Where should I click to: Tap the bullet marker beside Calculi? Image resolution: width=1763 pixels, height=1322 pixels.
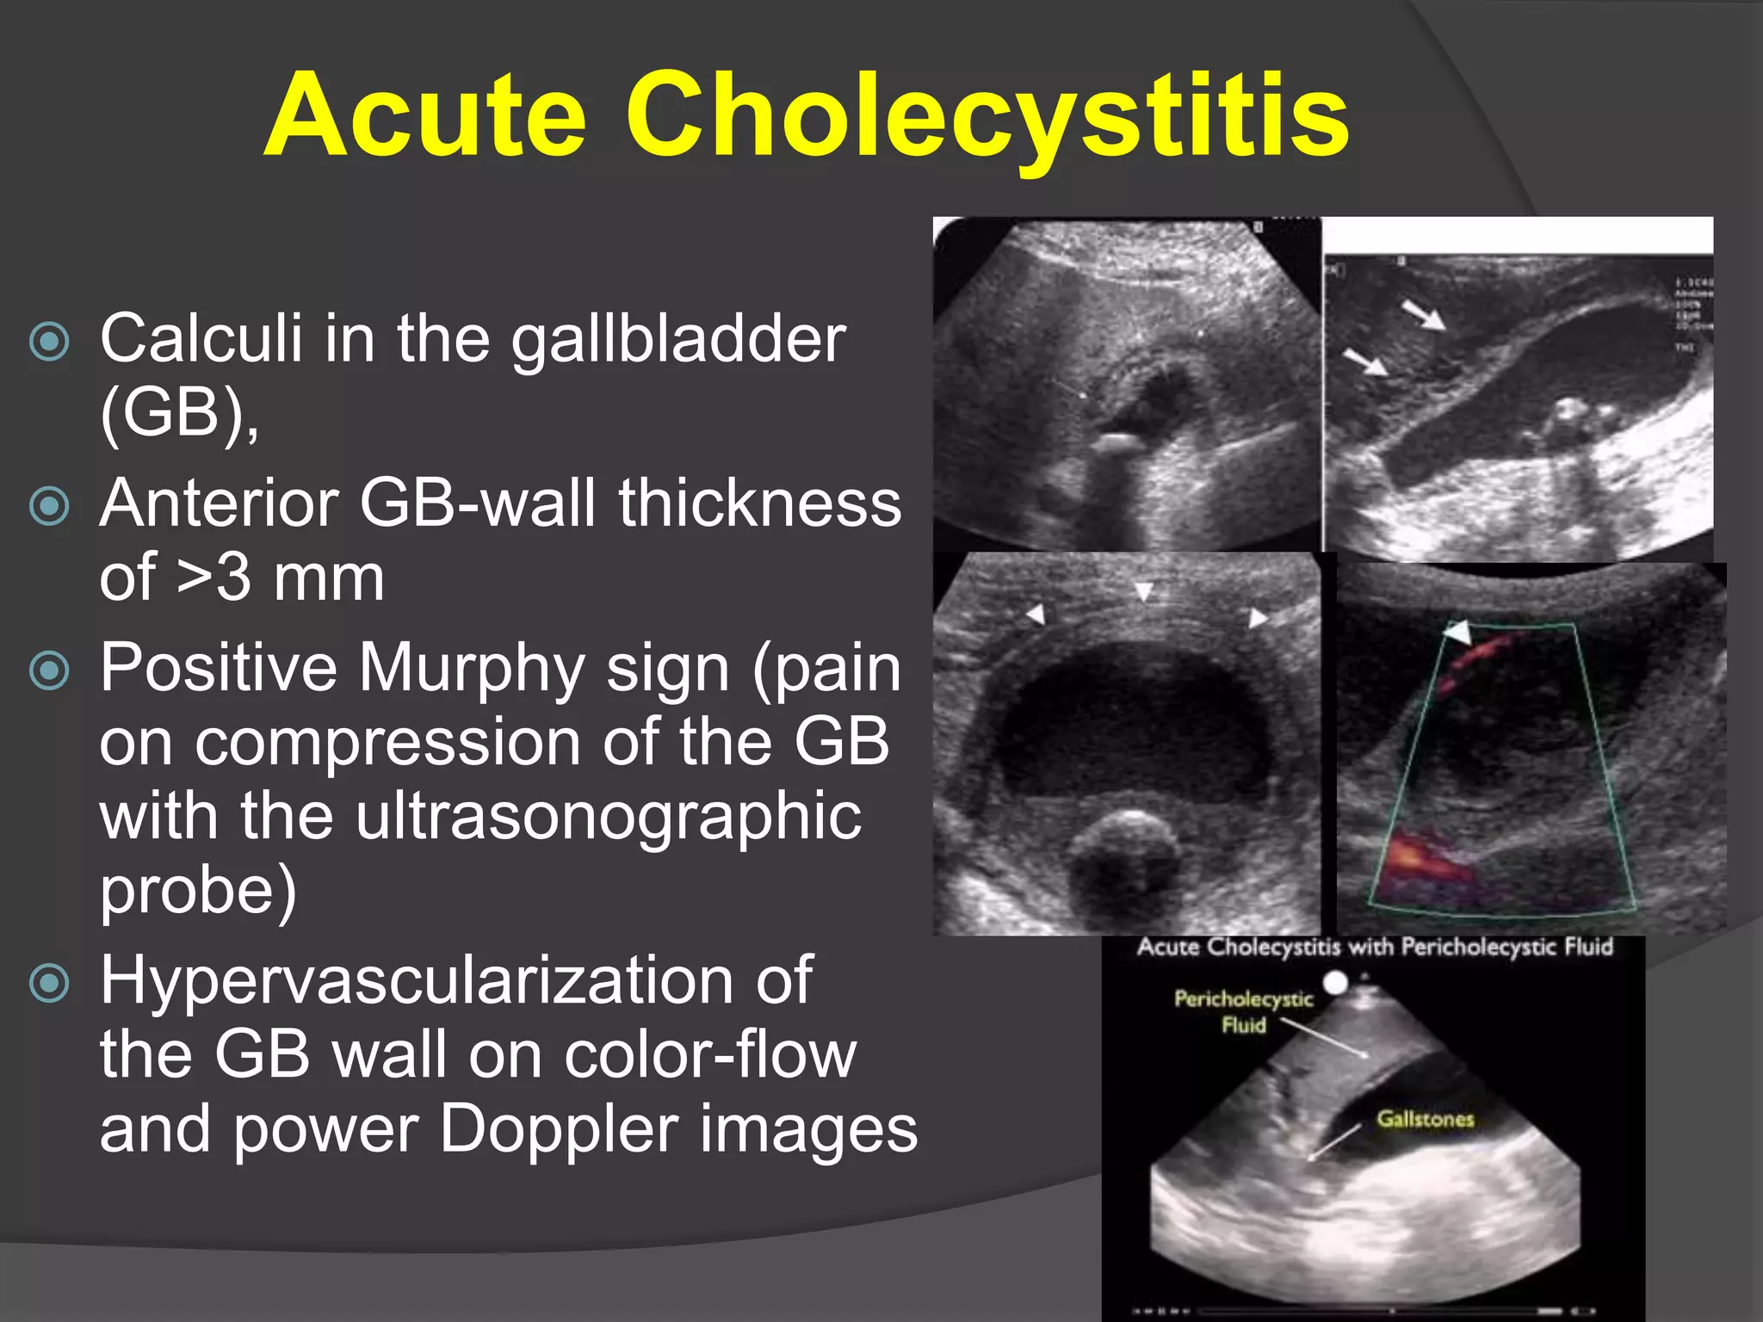[x=49, y=342]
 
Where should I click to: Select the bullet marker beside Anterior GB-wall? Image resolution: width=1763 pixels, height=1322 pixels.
[x=49, y=506]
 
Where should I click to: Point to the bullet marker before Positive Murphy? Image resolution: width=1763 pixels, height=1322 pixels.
[x=49, y=670]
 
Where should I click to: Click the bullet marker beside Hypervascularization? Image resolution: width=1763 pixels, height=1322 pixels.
[x=49, y=983]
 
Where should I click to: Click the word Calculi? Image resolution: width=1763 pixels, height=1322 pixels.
[x=201, y=338]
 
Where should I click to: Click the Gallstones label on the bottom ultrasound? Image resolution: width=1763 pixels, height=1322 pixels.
[x=1425, y=1119]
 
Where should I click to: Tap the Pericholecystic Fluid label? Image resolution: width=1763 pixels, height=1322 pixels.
[x=1243, y=1011]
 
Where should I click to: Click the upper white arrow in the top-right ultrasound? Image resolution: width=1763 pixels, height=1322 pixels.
[x=1424, y=314]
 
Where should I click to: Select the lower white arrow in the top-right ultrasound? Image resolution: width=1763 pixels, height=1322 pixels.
[x=1365, y=361]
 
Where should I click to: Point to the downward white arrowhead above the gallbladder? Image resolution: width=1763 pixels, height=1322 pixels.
[x=1143, y=591]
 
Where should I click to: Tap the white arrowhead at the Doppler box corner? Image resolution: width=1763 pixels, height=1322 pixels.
[x=1458, y=633]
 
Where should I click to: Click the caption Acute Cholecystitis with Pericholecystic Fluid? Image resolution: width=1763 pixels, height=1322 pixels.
[x=1374, y=948]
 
